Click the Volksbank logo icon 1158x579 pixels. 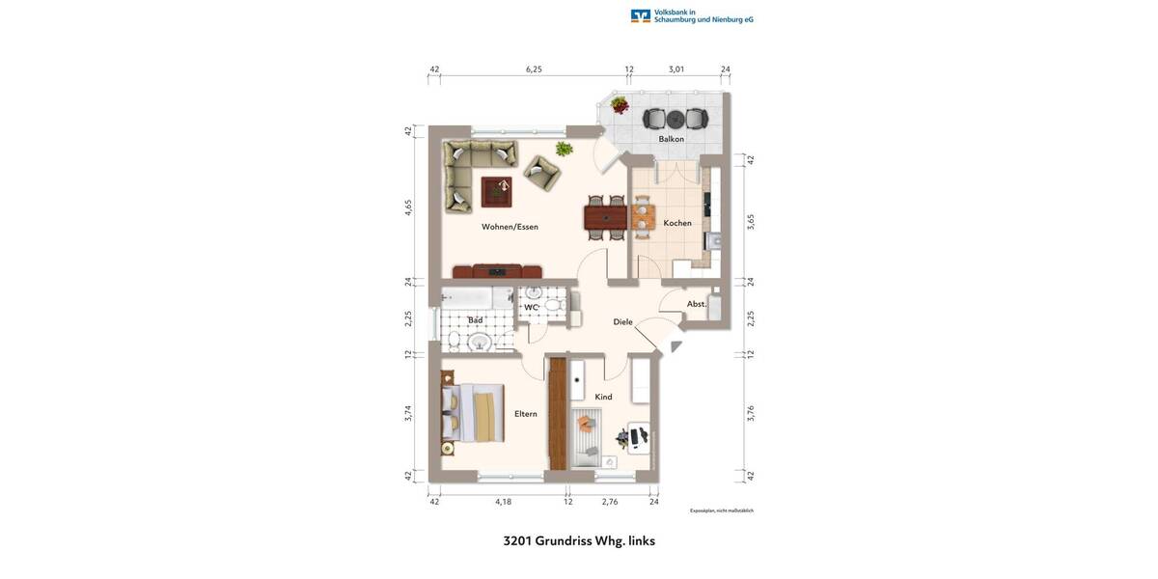[x=641, y=15]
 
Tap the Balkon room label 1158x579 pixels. [x=672, y=139]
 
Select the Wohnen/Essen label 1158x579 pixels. [x=510, y=227]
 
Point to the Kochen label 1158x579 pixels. [x=677, y=223]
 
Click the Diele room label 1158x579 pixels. [x=622, y=321]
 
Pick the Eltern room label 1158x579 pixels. [x=525, y=414]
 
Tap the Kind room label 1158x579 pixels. [x=603, y=397]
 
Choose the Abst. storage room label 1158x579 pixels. [x=697, y=304]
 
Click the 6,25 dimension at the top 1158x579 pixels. [x=534, y=69]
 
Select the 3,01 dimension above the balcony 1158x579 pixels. [x=676, y=69]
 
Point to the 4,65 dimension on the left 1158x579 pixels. [x=408, y=207]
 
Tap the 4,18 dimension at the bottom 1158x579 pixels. [x=503, y=502]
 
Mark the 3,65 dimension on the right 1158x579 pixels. [x=751, y=221]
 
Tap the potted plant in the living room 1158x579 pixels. [x=564, y=149]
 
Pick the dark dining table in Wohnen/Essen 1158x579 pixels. [x=606, y=217]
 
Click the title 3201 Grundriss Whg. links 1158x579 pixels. [x=579, y=540]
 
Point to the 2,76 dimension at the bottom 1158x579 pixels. [x=610, y=502]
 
